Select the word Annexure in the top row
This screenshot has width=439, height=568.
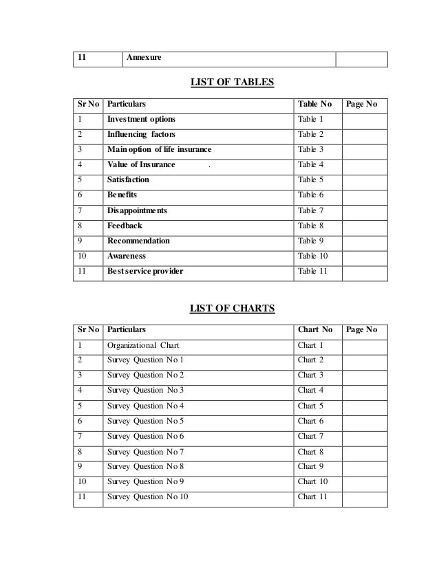[x=144, y=58]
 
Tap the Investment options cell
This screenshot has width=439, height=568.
[x=141, y=119]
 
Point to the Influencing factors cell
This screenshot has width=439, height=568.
[x=141, y=134]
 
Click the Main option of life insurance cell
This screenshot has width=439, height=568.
[x=160, y=149]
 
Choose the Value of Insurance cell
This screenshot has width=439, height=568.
[x=142, y=164]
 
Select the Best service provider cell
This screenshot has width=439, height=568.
[x=145, y=271]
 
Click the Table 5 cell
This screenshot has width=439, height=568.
[x=310, y=179]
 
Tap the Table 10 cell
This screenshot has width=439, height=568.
[x=312, y=256]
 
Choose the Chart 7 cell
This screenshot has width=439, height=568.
[x=310, y=436]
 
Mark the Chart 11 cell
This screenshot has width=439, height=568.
[x=312, y=496]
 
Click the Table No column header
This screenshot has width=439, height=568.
[x=314, y=105]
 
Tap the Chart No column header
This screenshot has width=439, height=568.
[x=315, y=329]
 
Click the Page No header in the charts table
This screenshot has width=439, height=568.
[x=361, y=329]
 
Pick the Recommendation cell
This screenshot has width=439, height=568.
[x=138, y=241]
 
